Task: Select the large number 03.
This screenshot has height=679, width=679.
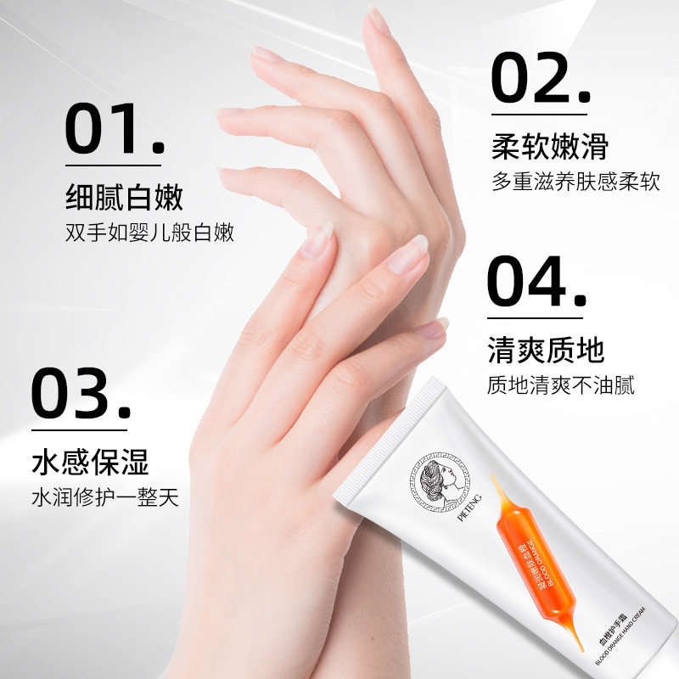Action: (x=80, y=393)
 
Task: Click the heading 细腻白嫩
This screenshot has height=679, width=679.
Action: (x=125, y=198)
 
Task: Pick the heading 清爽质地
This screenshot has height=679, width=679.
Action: (x=546, y=349)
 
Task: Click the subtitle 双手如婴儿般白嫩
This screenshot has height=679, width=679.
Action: (x=149, y=232)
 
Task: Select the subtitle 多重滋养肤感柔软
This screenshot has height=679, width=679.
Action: (x=575, y=182)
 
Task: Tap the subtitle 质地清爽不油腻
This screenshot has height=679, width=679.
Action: (x=560, y=384)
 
